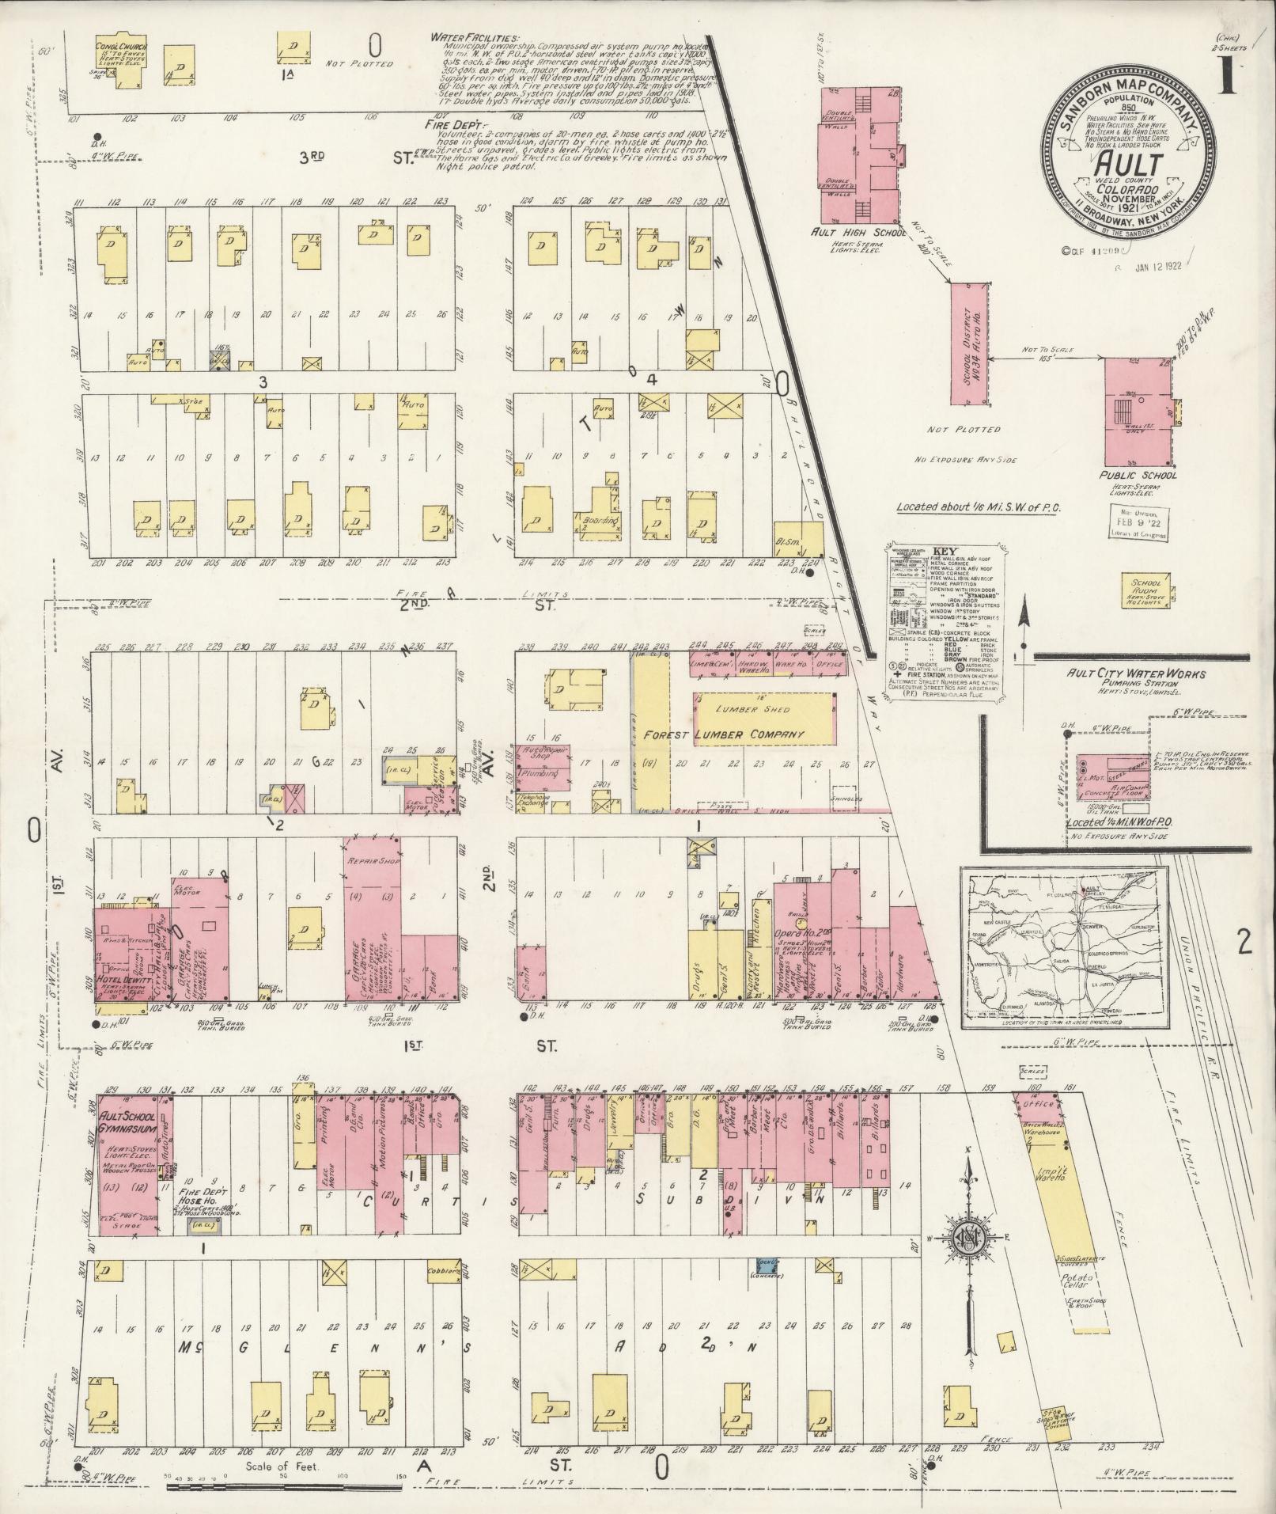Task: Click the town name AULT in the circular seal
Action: click(x=1128, y=165)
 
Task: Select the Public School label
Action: click(x=1139, y=476)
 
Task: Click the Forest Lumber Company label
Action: click(x=723, y=734)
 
